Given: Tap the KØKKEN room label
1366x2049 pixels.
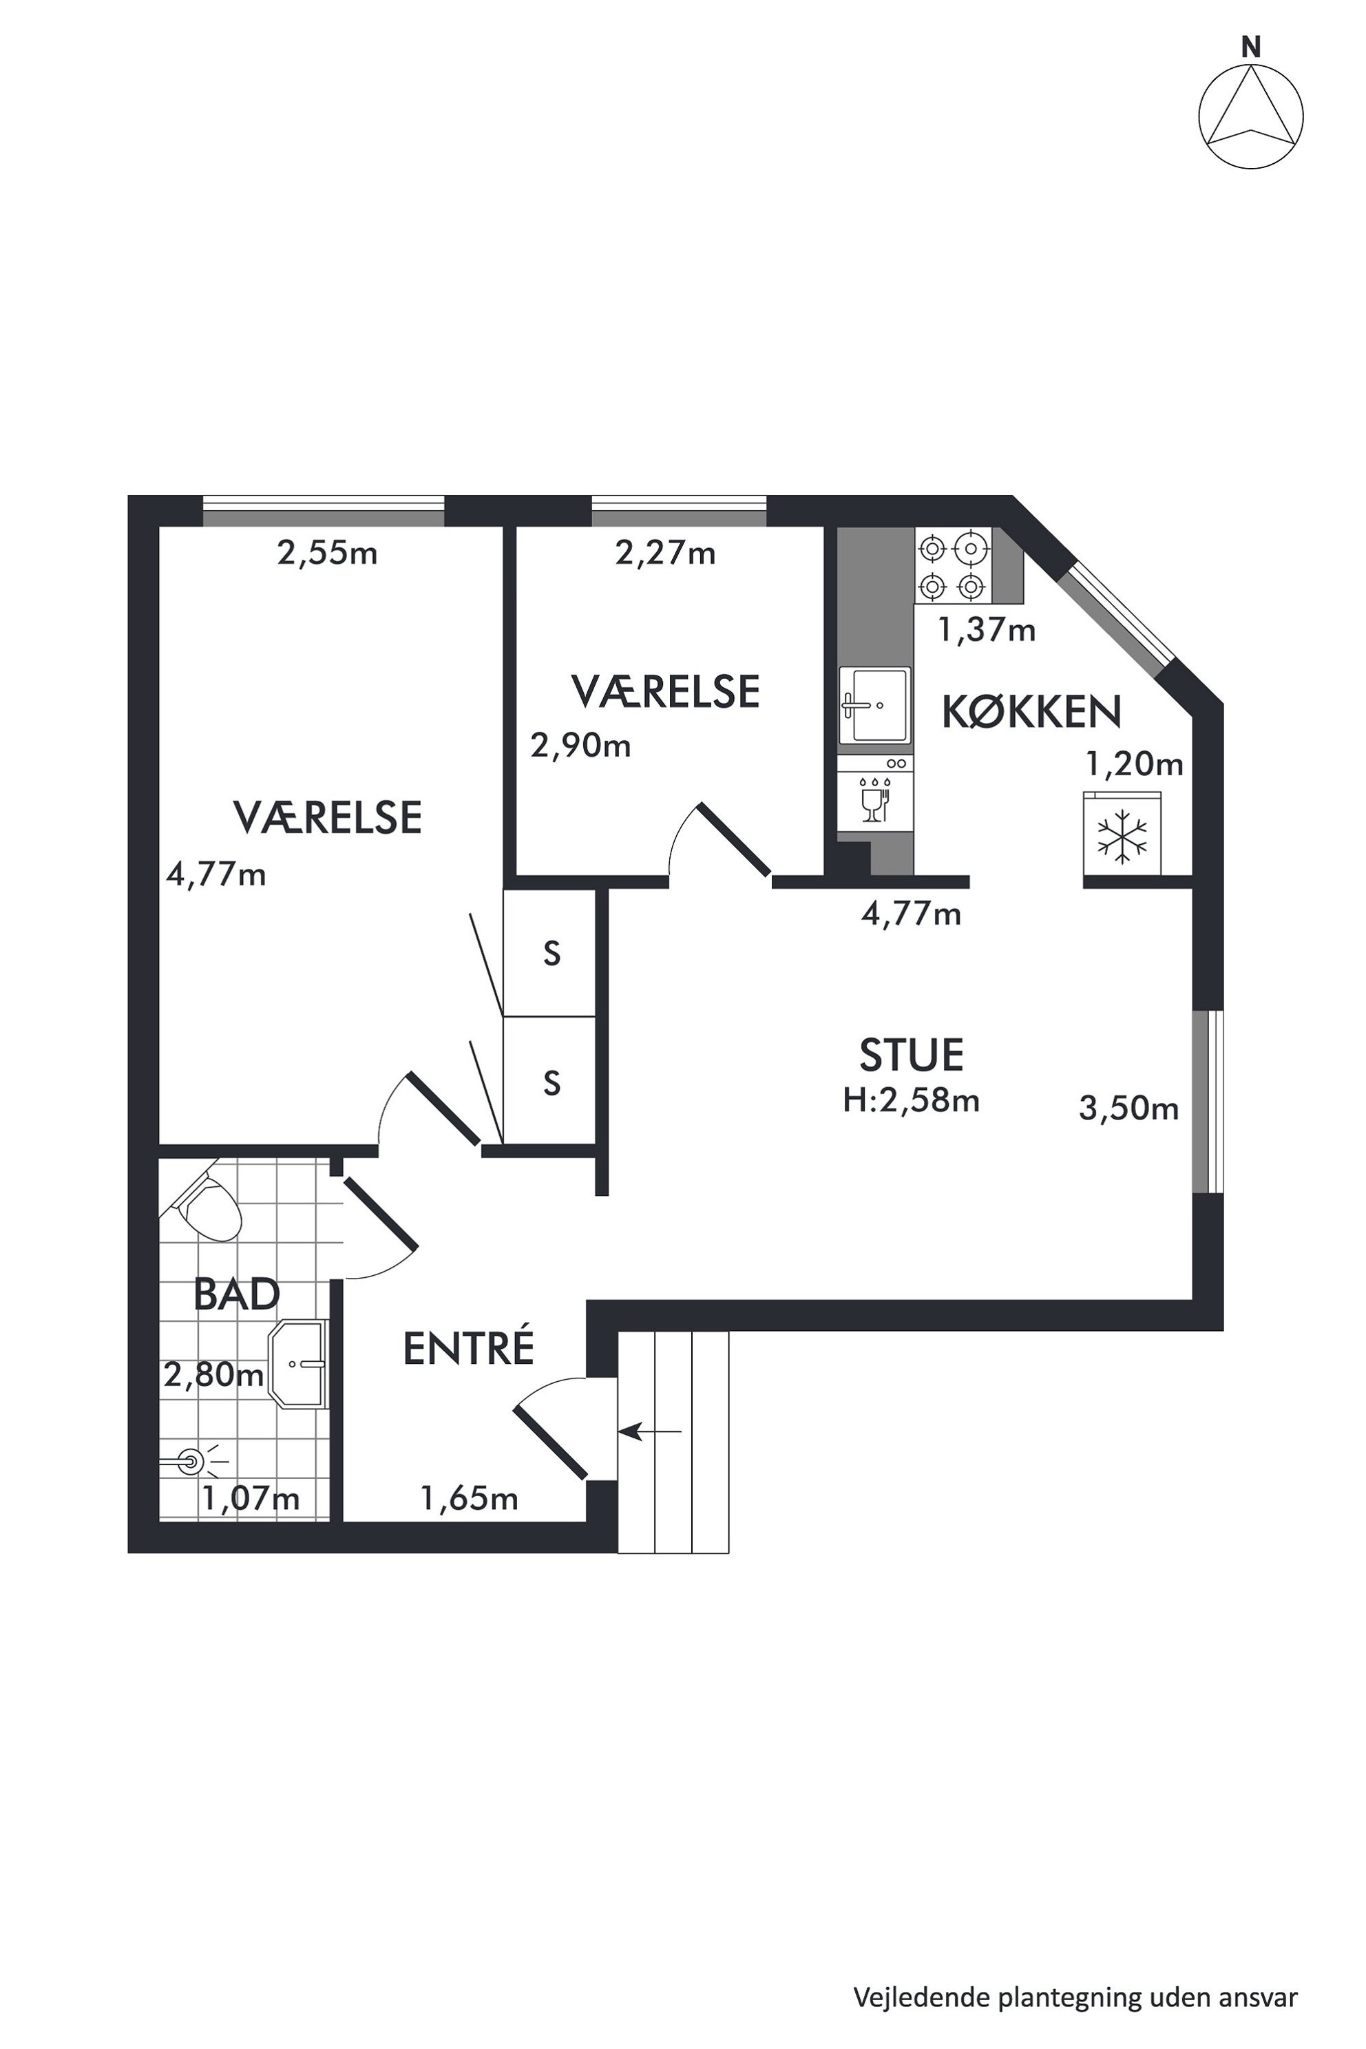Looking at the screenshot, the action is (1031, 712).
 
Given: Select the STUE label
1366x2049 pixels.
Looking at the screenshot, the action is (912, 1055).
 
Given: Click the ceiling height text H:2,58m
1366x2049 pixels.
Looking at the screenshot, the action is (912, 1100).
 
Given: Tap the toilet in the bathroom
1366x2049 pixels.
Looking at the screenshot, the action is (207, 1205).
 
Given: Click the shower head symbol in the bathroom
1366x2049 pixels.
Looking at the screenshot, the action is (191, 1461).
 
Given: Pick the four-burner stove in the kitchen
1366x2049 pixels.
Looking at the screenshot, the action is (952, 566).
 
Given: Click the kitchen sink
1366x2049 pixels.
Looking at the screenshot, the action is (874, 706).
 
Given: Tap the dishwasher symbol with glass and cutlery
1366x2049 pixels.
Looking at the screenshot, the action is (874, 792).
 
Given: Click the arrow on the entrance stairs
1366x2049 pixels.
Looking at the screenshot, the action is (650, 1431).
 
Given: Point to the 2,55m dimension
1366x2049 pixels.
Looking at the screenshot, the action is (328, 553).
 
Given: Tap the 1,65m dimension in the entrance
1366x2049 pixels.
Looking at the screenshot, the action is (470, 1498).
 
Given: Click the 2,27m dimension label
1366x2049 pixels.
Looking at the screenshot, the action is (666, 553).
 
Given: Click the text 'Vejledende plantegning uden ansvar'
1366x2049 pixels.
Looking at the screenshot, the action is (1076, 1973).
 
